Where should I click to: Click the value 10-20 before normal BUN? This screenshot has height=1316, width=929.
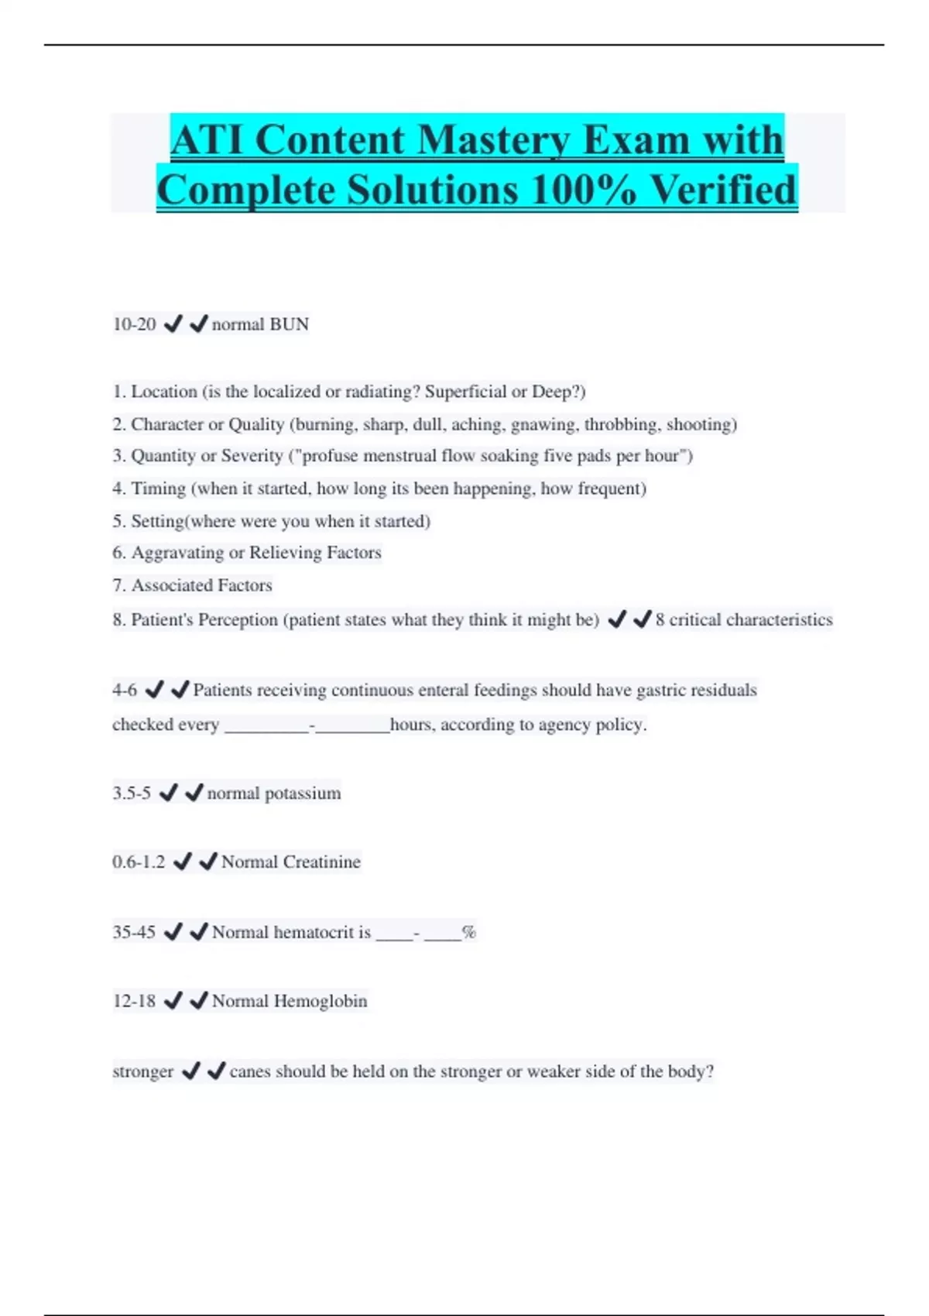click(x=134, y=324)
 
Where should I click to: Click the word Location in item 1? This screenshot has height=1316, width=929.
click(x=164, y=392)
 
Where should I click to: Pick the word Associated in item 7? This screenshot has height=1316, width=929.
click(x=168, y=585)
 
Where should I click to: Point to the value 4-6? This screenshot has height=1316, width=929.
click(x=125, y=690)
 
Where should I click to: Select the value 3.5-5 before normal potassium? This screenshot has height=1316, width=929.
click(x=132, y=793)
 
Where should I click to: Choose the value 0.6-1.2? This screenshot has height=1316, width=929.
click(x=139, y=862)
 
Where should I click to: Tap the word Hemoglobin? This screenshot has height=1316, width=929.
click(x=321, y=1001)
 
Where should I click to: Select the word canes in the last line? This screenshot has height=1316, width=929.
click(x=250, y=1071)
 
